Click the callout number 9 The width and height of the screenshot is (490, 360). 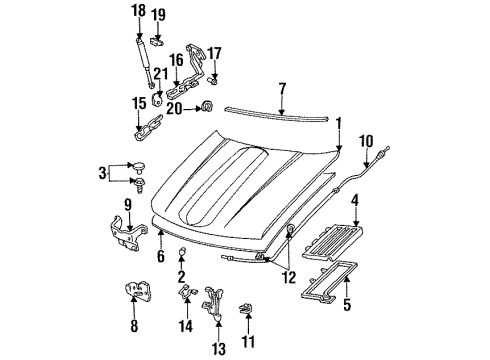(127, 205)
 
